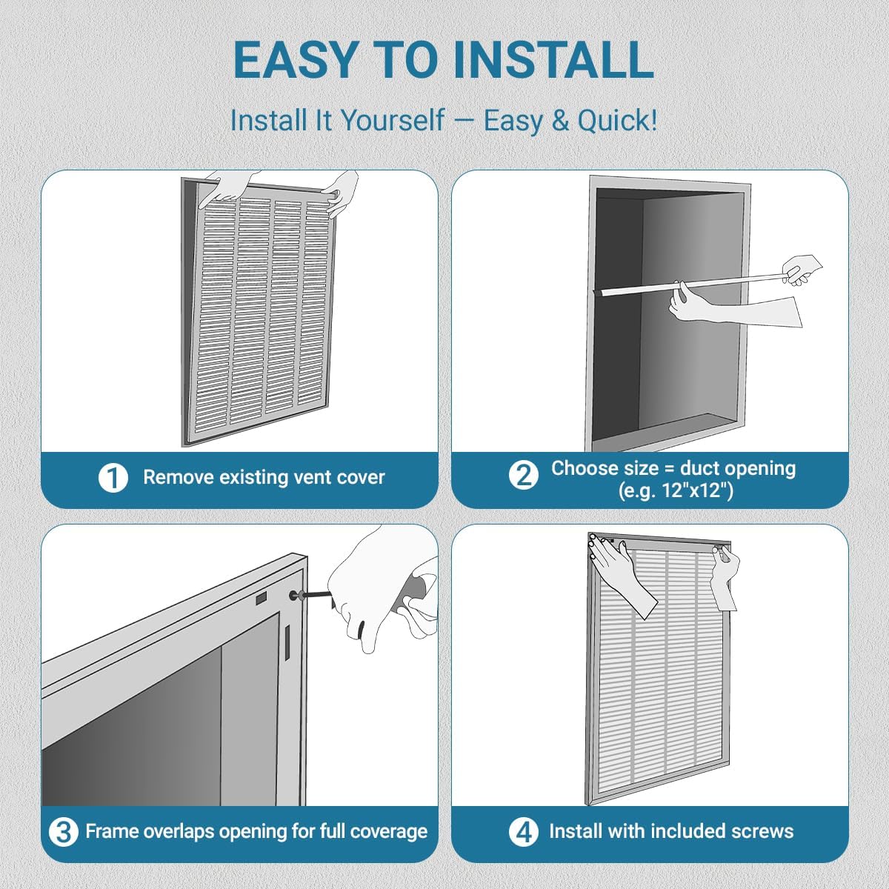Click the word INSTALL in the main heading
tap(553, 61)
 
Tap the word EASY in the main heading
tap(296, 61)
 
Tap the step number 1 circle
tap(113, 478)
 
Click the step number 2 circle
tap(523, 474)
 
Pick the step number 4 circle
tap(523, 832)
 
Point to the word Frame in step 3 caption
tap(111, 831)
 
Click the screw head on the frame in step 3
tap(294, 595)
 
